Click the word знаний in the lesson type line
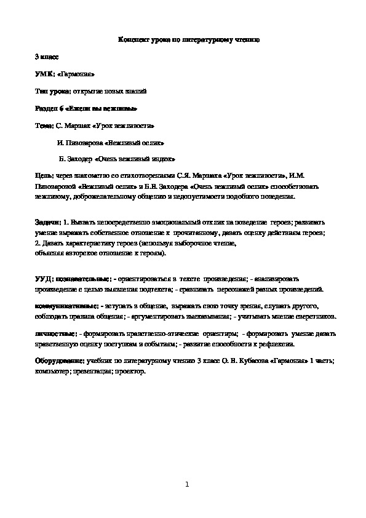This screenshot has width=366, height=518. [133, 91]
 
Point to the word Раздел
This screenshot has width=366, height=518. [46, 108]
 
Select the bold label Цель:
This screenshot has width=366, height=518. [44, 177]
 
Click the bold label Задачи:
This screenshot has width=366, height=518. [47, 221]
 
